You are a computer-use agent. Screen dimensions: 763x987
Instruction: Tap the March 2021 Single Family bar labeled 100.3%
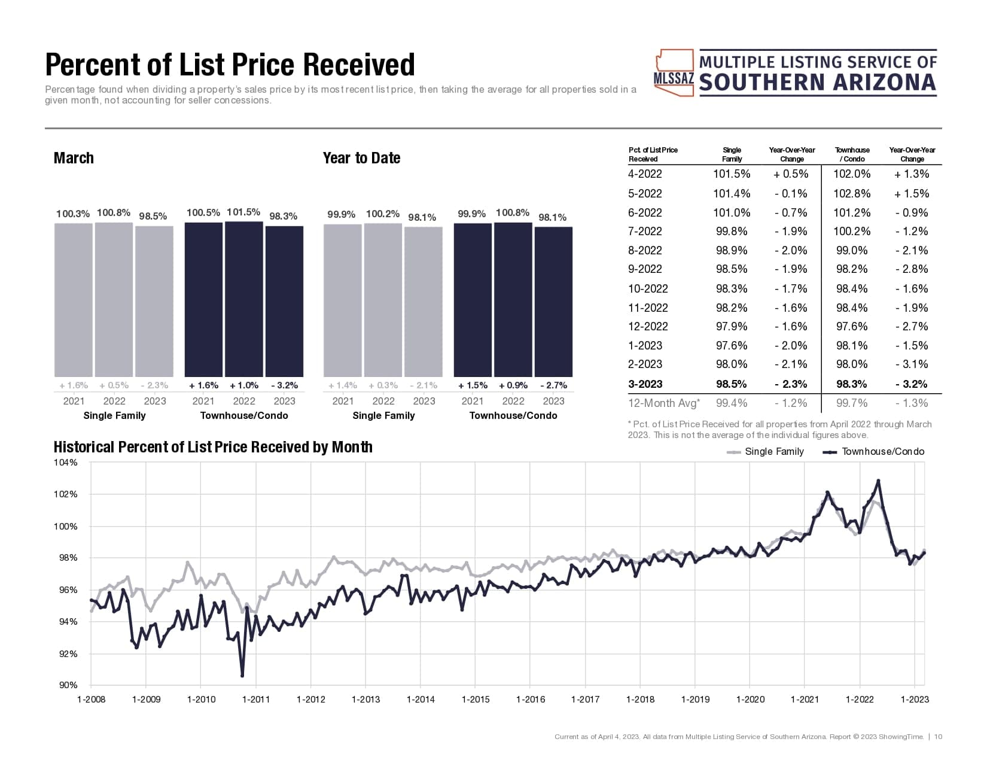[74, 299]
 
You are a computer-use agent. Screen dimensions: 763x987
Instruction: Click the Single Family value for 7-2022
[732, 232]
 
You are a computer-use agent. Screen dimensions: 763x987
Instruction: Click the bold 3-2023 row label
[645, 384]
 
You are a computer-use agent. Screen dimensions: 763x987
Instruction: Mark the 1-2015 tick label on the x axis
[476, 699]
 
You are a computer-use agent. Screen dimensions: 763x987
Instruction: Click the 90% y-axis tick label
[68, 685]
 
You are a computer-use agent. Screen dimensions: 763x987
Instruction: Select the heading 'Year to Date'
[361, 158]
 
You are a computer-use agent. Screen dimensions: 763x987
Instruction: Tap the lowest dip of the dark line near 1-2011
[242, 676]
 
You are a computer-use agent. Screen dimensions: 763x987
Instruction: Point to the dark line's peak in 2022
[878, 481]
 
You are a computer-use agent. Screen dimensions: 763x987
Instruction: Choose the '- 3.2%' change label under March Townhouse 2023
[284, 385]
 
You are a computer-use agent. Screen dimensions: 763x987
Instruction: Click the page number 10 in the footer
[938, 737]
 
